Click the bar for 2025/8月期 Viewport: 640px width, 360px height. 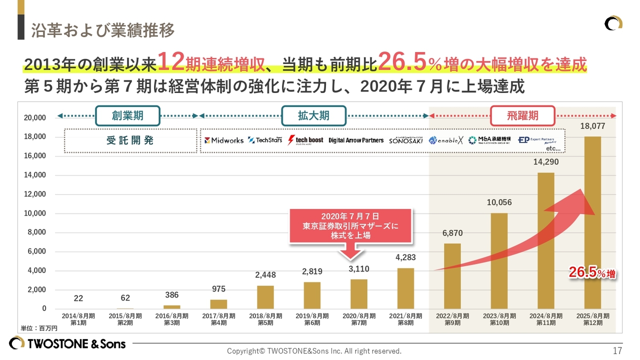(x=592, y=222)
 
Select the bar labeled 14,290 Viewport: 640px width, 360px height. (x=545, y=240)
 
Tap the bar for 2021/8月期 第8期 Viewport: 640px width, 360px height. (x=405, y=288)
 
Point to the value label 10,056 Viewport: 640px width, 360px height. (x=499, y=202)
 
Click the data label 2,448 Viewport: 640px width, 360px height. (x=265, y=275)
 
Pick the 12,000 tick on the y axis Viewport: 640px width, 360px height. (x=35, y=194)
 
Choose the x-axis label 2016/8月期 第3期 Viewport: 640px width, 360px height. (x=171, y=319)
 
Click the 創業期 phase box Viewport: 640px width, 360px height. (x=127, y=115)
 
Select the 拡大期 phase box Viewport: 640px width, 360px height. (x=313, y=115)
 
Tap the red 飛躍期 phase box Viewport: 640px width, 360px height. (x=522, y=115)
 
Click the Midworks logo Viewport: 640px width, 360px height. (x=223, y=140)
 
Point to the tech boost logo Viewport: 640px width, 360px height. (x=305, y=140)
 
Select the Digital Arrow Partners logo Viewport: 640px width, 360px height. (x=356, y=140)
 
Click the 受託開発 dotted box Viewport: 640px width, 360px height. (x=130, y=140)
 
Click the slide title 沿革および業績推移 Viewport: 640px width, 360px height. (x=102, y=30)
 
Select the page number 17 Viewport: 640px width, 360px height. (x=617, y=350)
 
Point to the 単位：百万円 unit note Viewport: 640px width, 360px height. (x=39, y=328)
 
